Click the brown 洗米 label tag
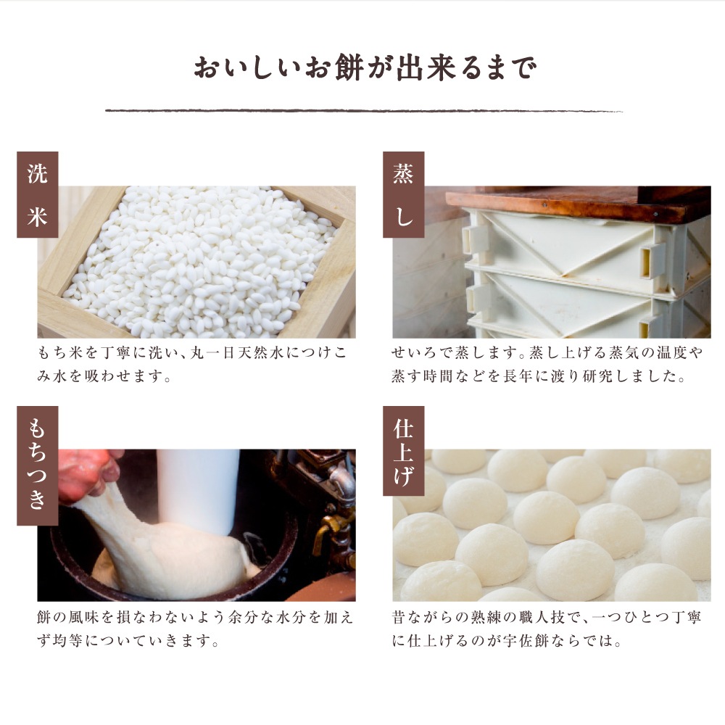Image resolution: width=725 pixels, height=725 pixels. [37, 195]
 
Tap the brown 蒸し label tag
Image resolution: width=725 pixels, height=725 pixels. [403, 195]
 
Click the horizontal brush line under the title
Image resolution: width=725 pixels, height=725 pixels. [363, 111]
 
